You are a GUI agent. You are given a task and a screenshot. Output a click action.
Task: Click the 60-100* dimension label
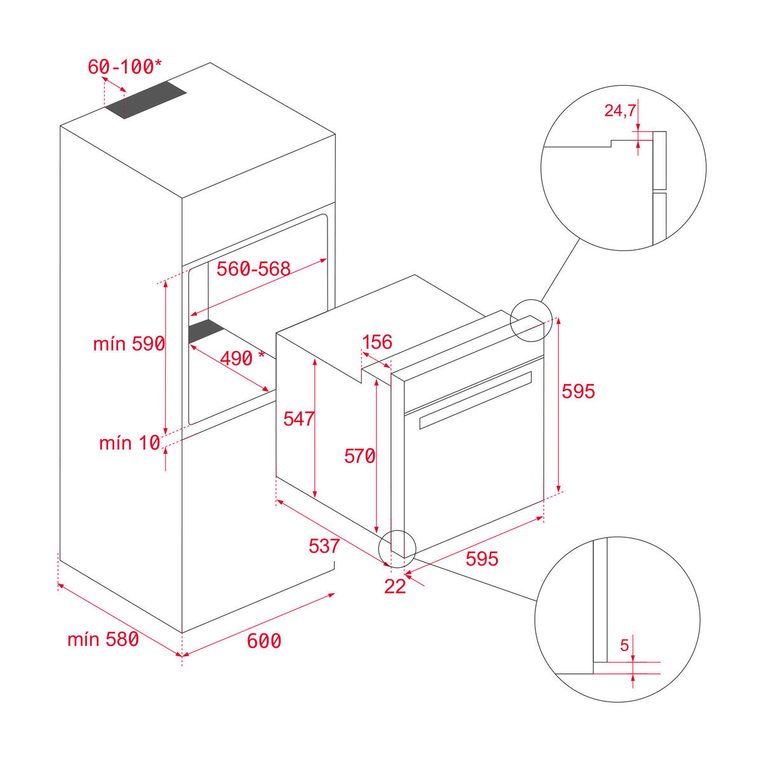click(125, 66)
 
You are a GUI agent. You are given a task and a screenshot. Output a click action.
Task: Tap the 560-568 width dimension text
click(253, 269)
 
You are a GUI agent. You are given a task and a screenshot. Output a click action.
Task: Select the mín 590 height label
click(129, 344)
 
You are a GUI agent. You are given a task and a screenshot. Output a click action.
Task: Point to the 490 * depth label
click(242, 359)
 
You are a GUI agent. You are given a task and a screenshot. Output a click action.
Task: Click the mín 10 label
click(129, 443)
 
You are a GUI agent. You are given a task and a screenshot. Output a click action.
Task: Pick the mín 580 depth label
click(103, 639)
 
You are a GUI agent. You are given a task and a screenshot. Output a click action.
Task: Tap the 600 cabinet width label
click(264, 641)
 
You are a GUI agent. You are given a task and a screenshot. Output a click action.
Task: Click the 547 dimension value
click(299, 418)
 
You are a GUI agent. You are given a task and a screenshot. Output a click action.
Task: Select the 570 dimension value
click(359, 456)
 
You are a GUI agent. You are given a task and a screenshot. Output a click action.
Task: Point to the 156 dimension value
click(377, 342)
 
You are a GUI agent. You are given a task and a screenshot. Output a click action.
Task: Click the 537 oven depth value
click(324, 546)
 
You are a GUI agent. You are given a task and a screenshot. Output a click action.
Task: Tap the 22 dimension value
click(395, 586)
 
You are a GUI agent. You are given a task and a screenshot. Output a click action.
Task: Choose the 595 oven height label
click(578, 391)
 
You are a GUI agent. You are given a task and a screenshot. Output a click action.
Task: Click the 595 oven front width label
click(482, 558)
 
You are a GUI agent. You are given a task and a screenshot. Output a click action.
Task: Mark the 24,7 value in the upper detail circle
click(619, 111)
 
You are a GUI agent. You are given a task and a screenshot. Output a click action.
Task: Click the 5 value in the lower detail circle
click(624, 646)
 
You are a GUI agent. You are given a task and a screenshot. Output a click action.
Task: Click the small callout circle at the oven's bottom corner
click(397, 548)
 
